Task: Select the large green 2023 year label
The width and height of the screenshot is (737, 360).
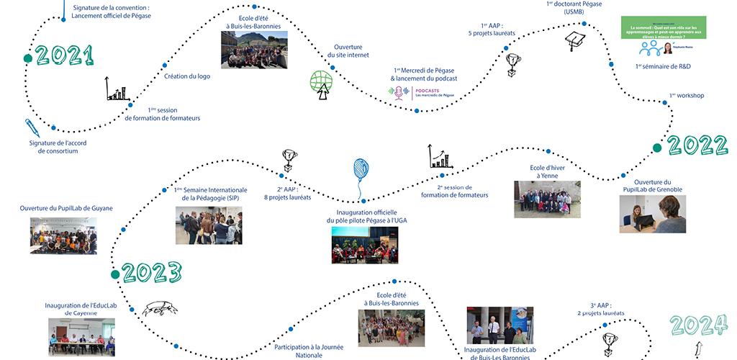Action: point(151,272)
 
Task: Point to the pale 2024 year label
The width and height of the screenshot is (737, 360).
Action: point(697,325)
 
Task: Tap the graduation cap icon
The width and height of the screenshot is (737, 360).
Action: point(575,41)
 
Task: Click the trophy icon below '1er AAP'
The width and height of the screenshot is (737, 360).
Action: point(513,63)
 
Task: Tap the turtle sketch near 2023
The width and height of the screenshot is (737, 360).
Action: point(160,309)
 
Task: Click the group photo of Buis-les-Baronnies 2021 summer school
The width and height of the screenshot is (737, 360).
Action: point(249,50)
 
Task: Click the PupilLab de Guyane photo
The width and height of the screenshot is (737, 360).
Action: point(63,235)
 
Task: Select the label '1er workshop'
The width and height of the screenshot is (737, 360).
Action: point(686,95)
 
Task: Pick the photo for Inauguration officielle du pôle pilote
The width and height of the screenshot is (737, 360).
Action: point(365,245)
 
